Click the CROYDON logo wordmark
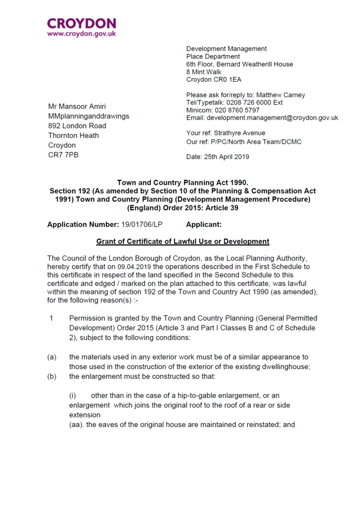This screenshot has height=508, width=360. [81, 24]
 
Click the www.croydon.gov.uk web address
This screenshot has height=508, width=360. [81, 33]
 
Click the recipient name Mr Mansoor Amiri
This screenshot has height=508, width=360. [77, 106]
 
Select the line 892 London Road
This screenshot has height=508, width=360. [77, 126]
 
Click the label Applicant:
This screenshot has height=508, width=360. [204, 224]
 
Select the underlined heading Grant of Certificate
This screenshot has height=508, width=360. [183, 241]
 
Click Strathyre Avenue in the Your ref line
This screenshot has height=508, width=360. [240, 133]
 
